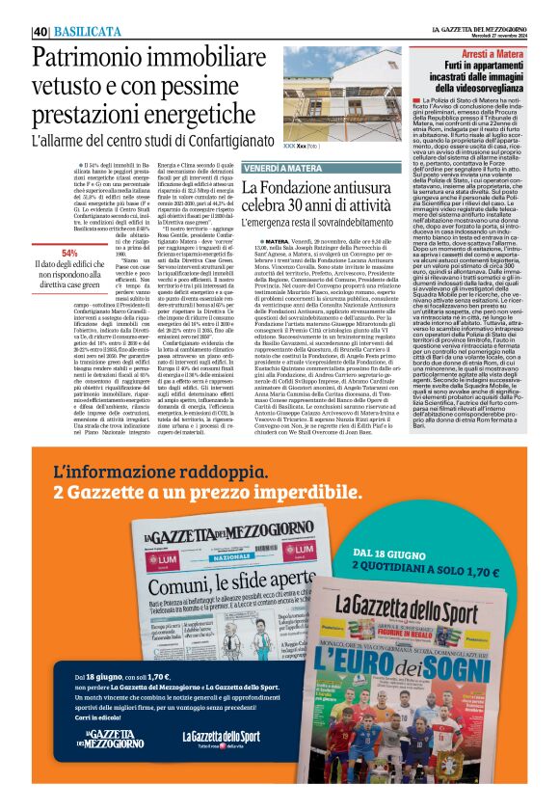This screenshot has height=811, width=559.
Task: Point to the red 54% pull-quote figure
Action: (x=69, y=253)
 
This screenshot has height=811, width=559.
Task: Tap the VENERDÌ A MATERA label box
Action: (x=283, y=167)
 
